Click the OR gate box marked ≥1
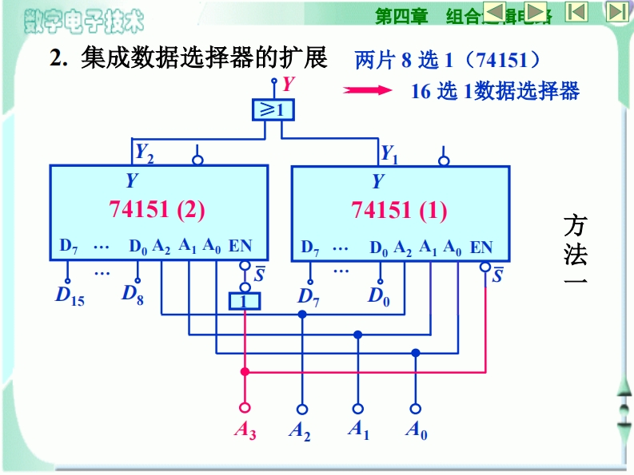click(273, 110)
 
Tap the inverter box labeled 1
click(245, 301)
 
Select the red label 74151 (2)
click(157, 210)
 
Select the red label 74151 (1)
click(399, 211)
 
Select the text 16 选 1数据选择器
click(495, 91)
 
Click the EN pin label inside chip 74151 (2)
click(240, 246)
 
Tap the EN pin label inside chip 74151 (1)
click(481, 247)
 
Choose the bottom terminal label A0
click(416, 431)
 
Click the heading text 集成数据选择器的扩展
click(204, 58)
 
